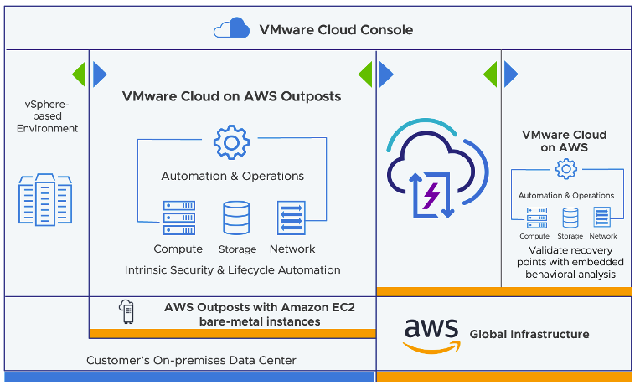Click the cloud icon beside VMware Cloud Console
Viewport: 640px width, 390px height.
click(231, 29)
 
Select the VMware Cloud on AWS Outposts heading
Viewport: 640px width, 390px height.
click(231, 96)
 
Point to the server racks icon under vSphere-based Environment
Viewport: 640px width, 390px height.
click(45, 200)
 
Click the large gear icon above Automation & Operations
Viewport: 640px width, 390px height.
click(231, 143)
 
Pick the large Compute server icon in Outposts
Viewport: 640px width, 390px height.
click(178, 218)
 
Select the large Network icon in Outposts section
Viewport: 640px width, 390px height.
click(292, 218)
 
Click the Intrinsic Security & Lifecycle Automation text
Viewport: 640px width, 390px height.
click(232, 270)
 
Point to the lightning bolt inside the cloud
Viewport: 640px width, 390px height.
click(432, 196)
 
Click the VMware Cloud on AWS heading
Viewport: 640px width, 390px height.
click(565, 141)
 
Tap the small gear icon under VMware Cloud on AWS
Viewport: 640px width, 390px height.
click(566, 170)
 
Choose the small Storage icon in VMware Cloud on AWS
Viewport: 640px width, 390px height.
click(570, 218)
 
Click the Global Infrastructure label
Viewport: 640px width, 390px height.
click(529, 334)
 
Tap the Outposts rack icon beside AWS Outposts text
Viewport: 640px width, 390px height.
click(126, 313)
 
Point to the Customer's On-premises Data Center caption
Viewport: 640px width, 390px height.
click(191, 361)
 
